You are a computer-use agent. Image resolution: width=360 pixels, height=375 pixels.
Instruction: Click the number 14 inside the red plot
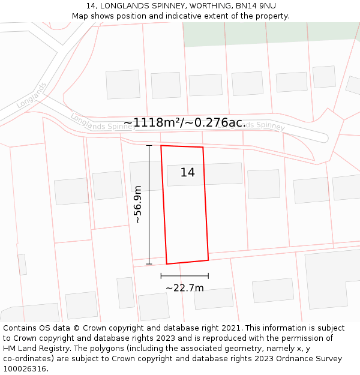point(187,173)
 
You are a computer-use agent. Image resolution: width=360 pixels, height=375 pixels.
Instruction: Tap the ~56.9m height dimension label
point(137,205)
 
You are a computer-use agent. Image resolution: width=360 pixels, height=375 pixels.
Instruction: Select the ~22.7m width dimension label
point(185,288)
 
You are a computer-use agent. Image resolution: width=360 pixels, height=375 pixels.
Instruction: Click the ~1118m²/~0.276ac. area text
point(185,123)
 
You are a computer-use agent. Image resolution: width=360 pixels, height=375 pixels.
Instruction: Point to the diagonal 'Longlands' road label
point(31,95)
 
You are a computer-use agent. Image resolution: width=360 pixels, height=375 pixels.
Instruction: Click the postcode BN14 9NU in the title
point(255,5)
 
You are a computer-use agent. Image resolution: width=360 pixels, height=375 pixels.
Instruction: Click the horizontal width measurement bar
point(185,276)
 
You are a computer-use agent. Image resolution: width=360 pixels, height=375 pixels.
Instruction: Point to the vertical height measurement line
point(149,204)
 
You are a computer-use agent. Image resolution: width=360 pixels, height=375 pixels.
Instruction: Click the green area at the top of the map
point(270,33)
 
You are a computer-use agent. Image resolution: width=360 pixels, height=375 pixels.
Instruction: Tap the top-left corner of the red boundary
point(161,145)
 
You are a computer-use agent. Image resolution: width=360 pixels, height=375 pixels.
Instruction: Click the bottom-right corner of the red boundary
point(208,260)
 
